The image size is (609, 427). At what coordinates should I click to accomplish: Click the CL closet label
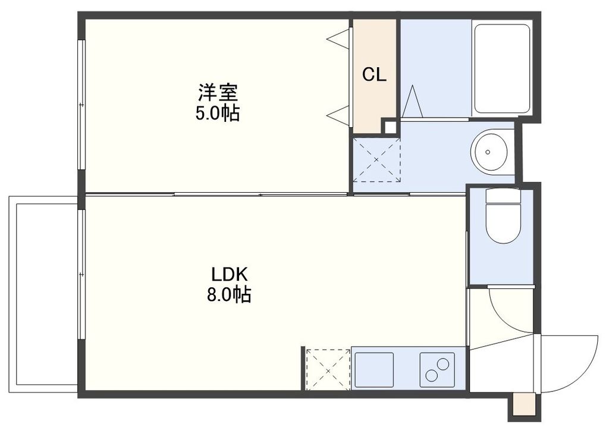[x=375, y=74]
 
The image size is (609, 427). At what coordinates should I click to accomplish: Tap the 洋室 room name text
[x=218, y=93]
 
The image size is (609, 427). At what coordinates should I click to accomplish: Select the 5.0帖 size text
[x=218, y=113]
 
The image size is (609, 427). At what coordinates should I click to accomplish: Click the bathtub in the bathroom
[x=502, y=68]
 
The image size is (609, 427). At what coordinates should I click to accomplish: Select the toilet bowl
[x=503, y=217]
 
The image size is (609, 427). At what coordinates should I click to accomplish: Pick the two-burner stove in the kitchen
[x=437, y=368]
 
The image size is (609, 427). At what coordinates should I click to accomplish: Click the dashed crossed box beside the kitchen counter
[x=328, y=369]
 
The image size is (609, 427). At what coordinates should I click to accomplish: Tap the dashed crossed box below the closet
[x=377, y=159]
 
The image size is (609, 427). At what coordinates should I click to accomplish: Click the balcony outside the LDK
[x=43, y=294]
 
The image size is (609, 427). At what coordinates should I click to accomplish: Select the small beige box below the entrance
[x=523, y=404]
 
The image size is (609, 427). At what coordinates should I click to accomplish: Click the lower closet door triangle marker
[x=338, y=115]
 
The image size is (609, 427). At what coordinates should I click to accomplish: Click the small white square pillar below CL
[x=390, y=127]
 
